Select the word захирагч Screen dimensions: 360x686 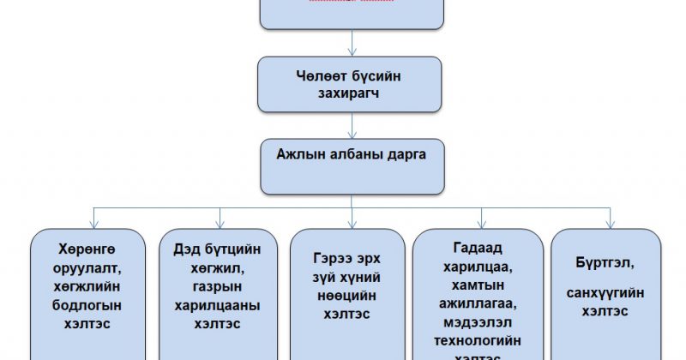click(350, 93)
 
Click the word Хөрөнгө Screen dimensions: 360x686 click(86, 249)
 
